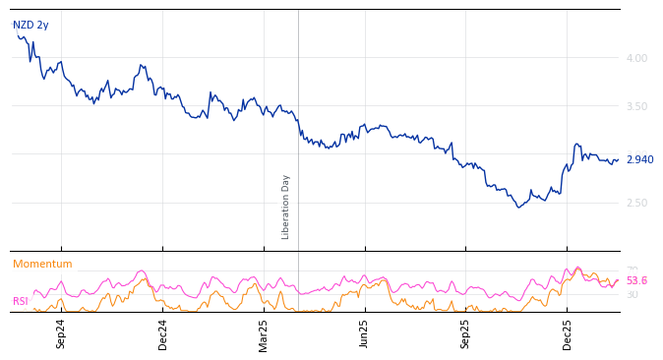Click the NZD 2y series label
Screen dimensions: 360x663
[x=30, y=26]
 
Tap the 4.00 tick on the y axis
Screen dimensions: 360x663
[x=636, y=58]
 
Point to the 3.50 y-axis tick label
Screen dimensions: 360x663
[x=636, y=106]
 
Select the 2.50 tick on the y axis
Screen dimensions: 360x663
[x=636, y=203]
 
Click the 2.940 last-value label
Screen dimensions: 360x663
[x=639, y=159]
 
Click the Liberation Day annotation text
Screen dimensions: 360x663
[x=286, y=207]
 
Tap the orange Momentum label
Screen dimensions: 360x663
[x=42, y=265]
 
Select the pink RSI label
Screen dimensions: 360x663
[x=21, y=302]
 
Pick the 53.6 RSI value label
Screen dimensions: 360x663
[x=636, y=281]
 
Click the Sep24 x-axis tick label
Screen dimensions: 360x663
[x=61, y=333]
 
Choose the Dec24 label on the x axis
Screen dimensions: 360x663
[x=163, y=333]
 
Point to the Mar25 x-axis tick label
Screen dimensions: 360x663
[x=264, y=333]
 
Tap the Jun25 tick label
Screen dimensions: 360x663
[x=365, y=333]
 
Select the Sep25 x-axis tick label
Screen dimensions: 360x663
[x=466, y=333]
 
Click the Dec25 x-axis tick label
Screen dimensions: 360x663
[x=568, y=333]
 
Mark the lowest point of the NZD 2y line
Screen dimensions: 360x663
[x=519, y=207]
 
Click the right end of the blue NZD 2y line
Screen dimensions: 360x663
[x=618, y=159]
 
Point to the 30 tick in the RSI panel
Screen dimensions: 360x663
[x=632, y=295]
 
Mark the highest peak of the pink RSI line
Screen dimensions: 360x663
[x=577, y=267]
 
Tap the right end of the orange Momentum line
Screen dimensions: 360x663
[x=618, y=279]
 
